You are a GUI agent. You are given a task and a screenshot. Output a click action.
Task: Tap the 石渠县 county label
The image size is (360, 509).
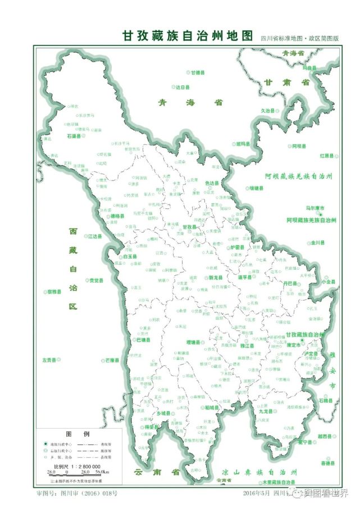tap(74, 136)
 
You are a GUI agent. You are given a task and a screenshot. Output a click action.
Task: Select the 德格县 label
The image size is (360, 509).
tap(116, 216)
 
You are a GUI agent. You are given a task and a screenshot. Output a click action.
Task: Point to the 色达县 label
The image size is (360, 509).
tap(212, 183)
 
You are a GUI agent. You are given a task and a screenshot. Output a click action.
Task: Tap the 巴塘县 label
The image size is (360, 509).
tap(143, 340)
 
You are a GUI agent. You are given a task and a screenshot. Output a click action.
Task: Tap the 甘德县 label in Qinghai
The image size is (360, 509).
tap(197, 72)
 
